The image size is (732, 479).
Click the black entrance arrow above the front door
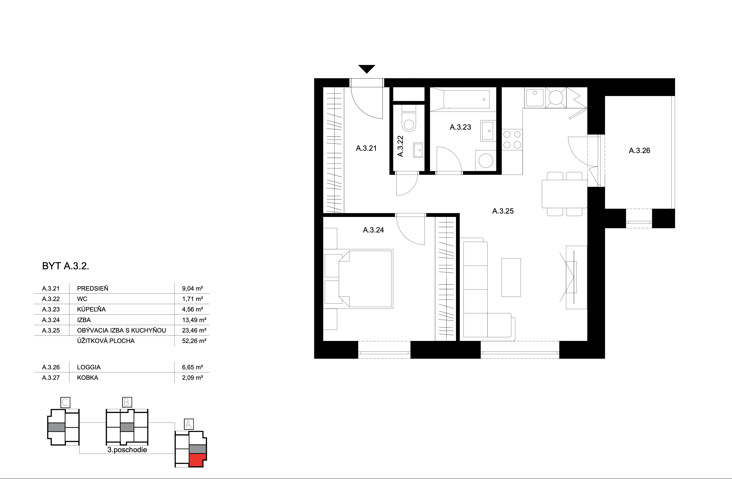(367, 69)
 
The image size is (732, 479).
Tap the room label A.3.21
(366, 148)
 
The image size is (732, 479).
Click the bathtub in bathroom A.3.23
(466, 99)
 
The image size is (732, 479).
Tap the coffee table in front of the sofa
(511, 277)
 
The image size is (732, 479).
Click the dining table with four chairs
(564, 194)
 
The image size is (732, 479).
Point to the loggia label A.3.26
(639, 151)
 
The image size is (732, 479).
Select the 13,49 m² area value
(194, 320)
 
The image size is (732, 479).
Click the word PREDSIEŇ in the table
(93, 288)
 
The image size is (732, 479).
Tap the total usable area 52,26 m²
(194, 341)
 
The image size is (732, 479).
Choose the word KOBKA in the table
(88, 378)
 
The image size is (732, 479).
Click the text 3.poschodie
(127, 450)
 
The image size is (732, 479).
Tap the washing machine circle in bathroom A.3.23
(486, 161)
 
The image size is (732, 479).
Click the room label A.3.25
(503, 211)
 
